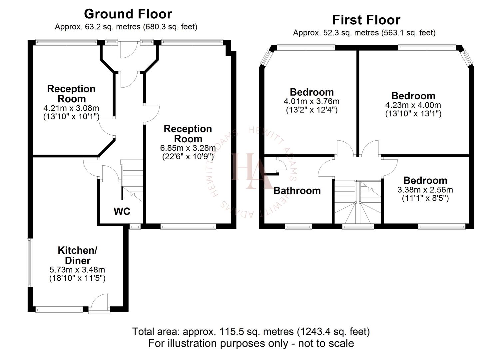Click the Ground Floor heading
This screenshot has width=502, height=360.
[x=128, y=14]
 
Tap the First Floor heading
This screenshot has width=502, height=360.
[x=366, y=20]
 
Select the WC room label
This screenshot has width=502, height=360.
[x=122, y=211]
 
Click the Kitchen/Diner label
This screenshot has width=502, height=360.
[x=77, y=255]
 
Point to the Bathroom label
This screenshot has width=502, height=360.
[x=297, y=191]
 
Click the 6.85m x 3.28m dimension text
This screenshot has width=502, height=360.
[x=188, y=148]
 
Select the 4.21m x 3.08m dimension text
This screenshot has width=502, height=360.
[x=71, y=108]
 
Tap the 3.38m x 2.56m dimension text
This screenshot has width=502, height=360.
[x=425, y=190]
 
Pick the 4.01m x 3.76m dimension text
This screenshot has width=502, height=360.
[x=311, y=101]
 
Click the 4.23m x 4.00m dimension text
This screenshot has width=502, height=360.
[x=413, y=105]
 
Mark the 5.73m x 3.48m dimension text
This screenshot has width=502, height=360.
[x=77, y=269]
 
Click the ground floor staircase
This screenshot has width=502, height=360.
[x=132, y=180]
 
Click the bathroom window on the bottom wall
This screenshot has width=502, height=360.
[x=298, y=227]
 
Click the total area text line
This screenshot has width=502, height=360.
[x=251, y=332]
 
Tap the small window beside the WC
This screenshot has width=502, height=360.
[x=135, y=227]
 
